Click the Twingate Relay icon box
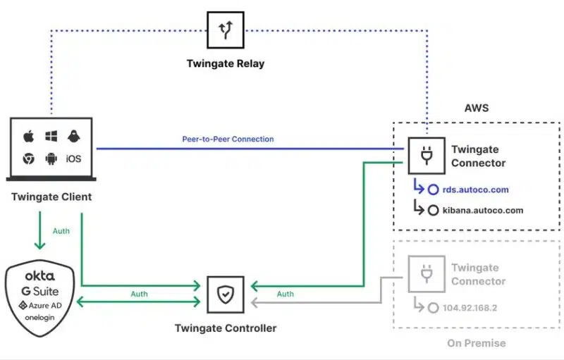click(225, 30)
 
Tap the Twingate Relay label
click(225, 63)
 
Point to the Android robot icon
click(51, 159)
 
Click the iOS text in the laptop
click(73, 159)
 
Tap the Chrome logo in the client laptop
click(29, 159)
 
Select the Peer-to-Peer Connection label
click(228, 139)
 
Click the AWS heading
click(477, 108)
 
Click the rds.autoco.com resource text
click(476, 190)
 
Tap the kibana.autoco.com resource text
click(483, 210)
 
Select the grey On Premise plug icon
click(426, 274)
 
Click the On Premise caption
click(476, 343)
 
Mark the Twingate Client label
click(51, 197)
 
